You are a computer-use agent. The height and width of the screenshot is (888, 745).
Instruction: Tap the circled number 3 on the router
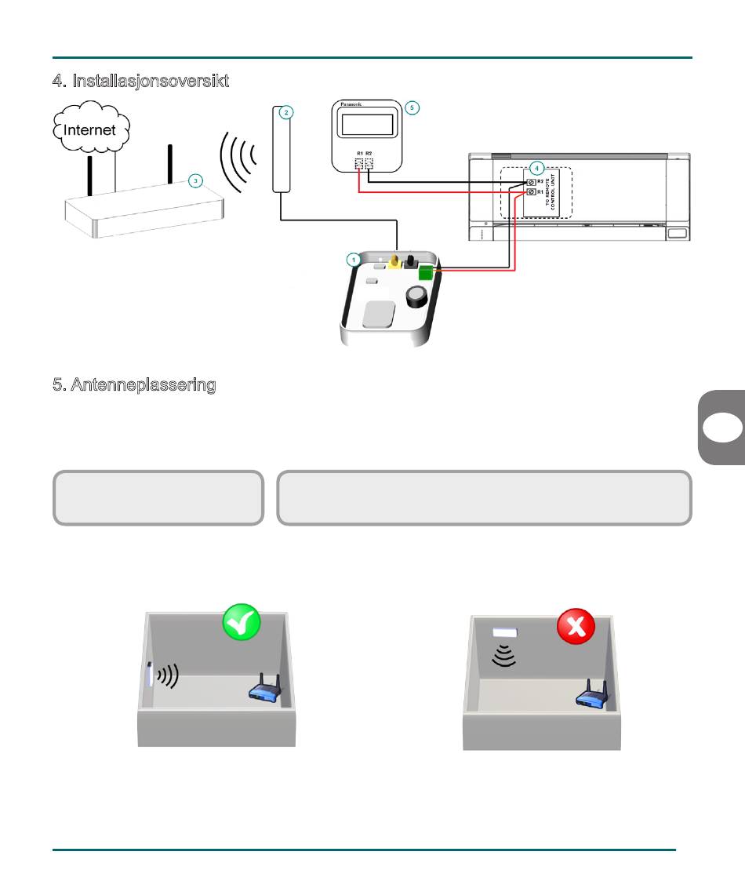click(196, 180)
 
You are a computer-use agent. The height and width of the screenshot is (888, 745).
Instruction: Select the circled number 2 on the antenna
click(286, 113)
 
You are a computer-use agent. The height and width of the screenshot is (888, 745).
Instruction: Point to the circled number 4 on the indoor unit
click(536, 168)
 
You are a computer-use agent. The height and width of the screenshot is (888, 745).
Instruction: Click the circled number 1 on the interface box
click(354, 258)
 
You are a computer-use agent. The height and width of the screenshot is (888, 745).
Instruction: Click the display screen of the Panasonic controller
click(366, 126)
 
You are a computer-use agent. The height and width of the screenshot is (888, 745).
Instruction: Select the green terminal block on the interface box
click(427, 274)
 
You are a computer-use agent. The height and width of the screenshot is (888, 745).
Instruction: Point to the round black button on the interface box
click(416, 297)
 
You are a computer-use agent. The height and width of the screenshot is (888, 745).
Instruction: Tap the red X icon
click(576, 628)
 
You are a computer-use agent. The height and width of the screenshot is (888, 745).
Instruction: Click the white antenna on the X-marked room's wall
click(506, 632)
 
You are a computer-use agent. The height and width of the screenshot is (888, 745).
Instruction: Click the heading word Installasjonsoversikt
click(151, 81)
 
